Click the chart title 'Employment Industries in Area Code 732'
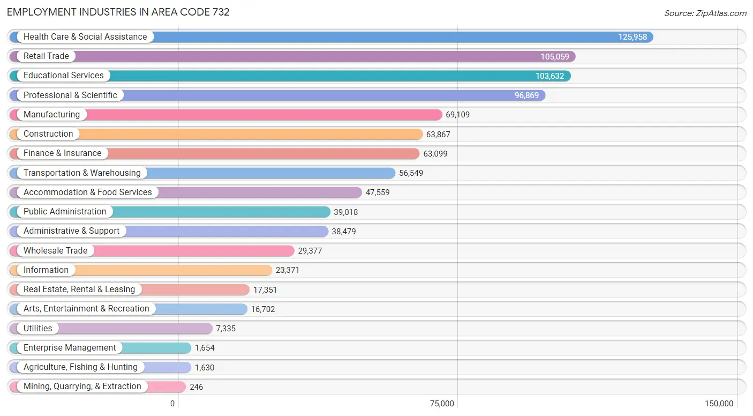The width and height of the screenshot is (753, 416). (x=118, y=12)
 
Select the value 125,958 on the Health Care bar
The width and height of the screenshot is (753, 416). (x=632, y=37)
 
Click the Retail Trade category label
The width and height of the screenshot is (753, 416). (x=46, y=56)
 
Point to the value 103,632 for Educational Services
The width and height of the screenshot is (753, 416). (x=549, y=76)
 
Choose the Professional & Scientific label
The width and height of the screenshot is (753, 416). (x=70, y=95)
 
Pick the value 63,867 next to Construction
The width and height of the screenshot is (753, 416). (x=438, y=135)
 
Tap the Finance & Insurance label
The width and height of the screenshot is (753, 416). (x=62, y=153)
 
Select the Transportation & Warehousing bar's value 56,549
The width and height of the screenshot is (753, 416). (x=411, y=173)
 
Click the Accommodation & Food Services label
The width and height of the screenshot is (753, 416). (x=87, y=192)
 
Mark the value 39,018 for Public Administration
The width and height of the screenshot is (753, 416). (x=345, y=212)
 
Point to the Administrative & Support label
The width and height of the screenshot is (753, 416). (x=71, y=231)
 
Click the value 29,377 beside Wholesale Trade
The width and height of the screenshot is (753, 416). (x=310, y=251)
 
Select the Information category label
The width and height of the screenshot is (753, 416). (x=46, y=270)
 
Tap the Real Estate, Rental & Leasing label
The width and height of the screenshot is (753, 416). (x=79, y=289)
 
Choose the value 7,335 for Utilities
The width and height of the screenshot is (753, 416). (x=225, y=329)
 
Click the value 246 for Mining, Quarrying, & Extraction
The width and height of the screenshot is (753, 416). (x=196, y=387)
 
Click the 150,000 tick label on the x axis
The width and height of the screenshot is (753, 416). (x=719, y=404)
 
